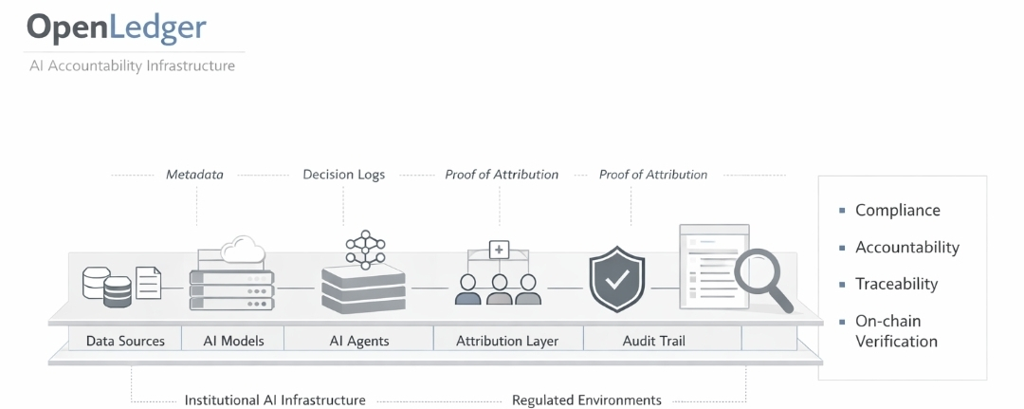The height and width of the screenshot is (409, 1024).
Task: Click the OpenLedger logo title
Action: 117,28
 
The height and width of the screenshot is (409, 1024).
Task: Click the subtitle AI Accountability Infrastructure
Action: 132,66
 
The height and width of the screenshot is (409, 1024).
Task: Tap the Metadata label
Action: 194,175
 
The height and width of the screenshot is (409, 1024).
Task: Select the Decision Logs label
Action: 343,175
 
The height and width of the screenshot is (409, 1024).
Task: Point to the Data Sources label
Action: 125,341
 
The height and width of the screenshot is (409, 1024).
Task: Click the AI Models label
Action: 233,341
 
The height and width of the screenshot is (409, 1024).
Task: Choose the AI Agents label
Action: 358,341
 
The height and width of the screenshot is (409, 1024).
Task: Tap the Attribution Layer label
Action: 507,341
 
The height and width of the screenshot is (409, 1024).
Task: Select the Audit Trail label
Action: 653,341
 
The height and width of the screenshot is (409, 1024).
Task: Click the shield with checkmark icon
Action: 616,278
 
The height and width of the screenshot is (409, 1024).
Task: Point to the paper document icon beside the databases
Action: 148,283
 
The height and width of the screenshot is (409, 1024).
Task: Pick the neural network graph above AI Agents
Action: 366,249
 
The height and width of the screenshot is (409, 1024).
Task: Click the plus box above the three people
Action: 500,250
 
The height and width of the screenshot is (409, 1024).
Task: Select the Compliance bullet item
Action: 889,211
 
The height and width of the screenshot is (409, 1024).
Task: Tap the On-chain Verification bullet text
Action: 897,331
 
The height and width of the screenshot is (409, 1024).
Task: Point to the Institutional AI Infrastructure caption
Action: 275,400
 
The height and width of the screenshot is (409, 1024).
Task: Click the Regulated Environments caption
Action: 587,400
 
